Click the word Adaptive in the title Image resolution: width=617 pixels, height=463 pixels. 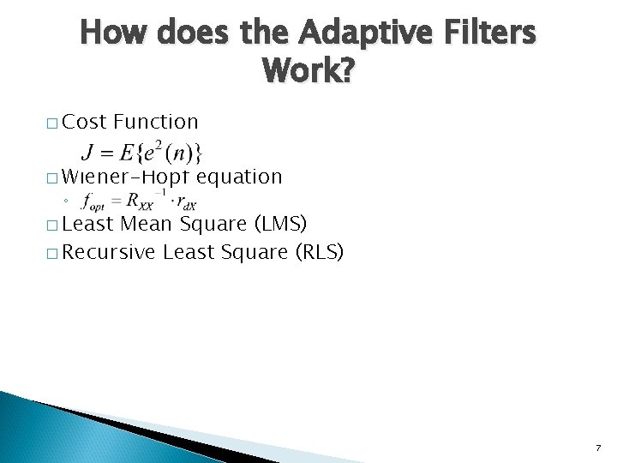point(356,34)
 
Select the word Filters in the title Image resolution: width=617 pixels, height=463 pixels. point(485,34)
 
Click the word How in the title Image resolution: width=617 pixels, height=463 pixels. point(115,34)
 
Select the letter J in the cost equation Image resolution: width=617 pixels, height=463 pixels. point(87,154)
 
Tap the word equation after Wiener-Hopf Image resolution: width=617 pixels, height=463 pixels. point(239,177)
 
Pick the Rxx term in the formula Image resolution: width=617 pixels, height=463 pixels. point(137,203)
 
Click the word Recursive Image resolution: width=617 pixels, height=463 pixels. point(110,253)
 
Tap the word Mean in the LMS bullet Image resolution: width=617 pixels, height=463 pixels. point(143,225)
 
